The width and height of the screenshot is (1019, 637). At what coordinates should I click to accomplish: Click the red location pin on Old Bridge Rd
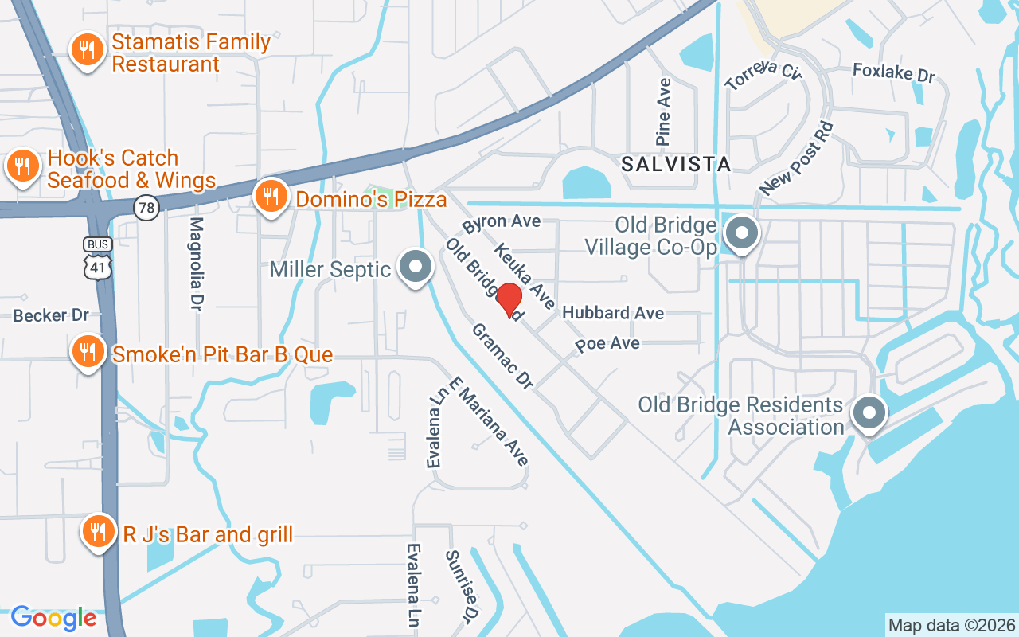tap(509, 300)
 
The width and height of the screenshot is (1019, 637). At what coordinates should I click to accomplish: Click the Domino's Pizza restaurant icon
tap(271, 195)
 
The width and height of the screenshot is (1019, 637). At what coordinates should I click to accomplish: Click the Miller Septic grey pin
tap(415, 267)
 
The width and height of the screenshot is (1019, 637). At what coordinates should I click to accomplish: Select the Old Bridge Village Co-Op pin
tap(742, 234)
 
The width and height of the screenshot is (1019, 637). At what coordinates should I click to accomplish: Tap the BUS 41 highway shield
tap(98, 257)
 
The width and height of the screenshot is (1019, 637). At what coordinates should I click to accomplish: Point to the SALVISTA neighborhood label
tap(676, 165)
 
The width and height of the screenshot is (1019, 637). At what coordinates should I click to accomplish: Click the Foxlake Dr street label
tap(893, 72)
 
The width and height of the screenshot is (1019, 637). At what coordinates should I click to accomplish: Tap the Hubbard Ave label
tap(613, 313)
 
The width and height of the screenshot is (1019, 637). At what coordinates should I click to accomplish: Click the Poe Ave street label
tap(607, 343)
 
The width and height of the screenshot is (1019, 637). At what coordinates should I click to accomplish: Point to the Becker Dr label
tap(51, 315)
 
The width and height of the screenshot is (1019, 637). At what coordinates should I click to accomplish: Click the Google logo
tap(54, 618)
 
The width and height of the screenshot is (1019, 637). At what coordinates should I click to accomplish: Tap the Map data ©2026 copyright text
tap(951, 625)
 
